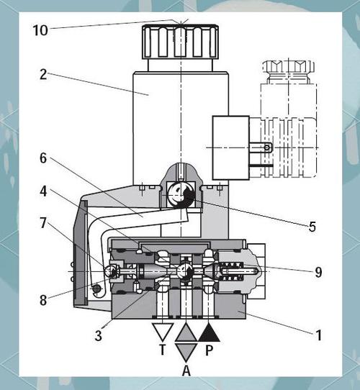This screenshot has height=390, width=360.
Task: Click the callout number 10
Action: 40,30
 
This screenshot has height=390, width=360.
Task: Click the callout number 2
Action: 43,74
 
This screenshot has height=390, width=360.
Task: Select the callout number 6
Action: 43,158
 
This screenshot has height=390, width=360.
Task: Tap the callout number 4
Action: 43,191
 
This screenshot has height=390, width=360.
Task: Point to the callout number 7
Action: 43,222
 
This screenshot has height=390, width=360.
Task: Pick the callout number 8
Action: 43,300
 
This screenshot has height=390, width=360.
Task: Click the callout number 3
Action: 99,335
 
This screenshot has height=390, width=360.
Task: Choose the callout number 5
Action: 312,227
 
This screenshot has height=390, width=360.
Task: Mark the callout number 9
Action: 318,273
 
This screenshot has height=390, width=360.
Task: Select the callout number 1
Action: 319,335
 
